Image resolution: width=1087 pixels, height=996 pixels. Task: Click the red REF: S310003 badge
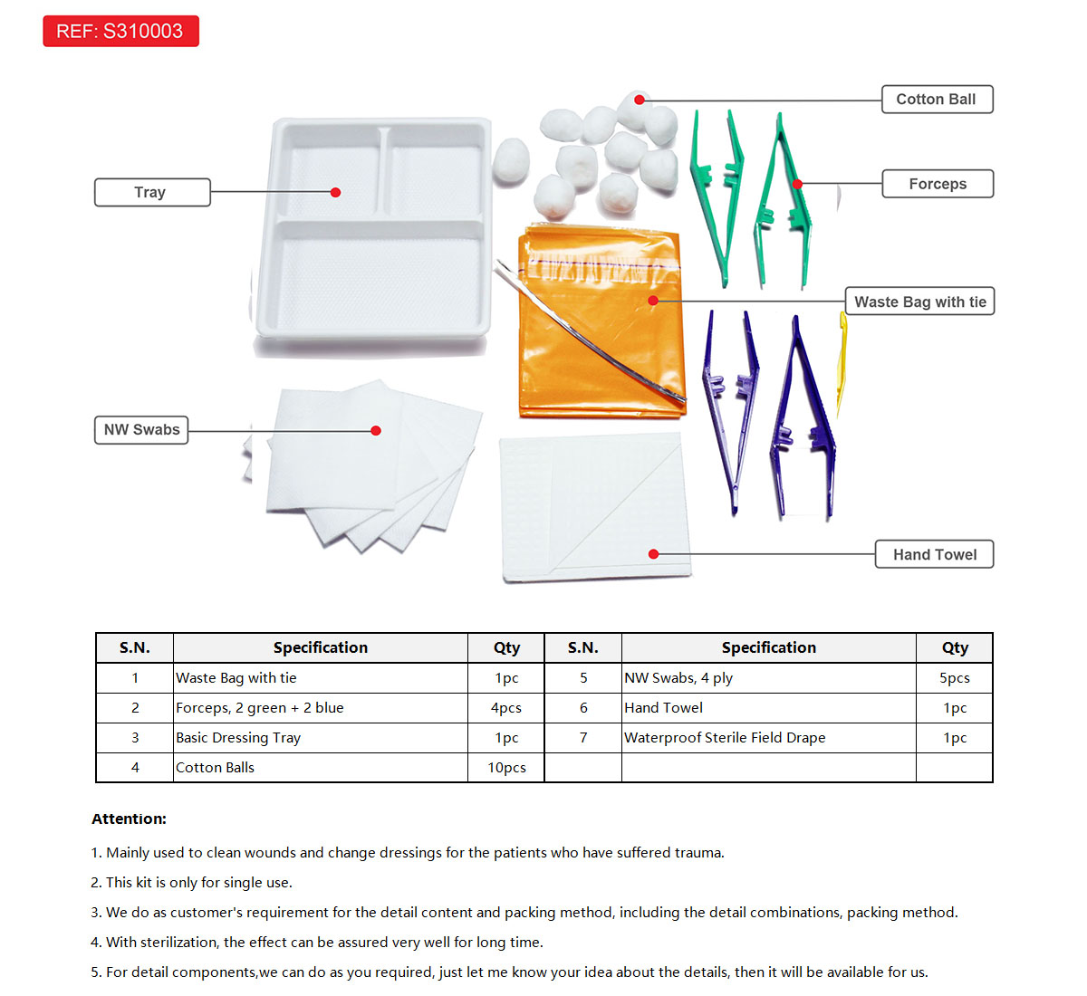(x=120, y=32)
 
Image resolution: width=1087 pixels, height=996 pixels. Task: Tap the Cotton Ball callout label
(x=937, y=100)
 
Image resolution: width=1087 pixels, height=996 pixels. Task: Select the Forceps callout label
(x=938, y=184)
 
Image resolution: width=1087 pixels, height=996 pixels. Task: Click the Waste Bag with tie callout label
(x=919, y=302)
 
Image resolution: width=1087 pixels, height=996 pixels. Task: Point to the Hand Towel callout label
(x=934, y=554)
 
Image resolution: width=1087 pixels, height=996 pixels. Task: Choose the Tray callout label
(x=151, y=192)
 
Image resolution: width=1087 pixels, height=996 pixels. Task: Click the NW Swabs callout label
(x=141, y=430)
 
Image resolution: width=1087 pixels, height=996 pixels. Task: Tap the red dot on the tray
(x=335, y=192)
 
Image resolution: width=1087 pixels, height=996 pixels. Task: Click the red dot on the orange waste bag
(x=653, y=301)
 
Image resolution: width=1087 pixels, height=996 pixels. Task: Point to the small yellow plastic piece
(x=842, y=362)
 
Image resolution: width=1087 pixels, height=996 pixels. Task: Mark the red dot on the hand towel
(x=653, y=554)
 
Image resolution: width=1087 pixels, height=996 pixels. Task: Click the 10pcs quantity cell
(x=506, y=768)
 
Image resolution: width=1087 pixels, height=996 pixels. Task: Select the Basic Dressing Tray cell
(x=238, y=738)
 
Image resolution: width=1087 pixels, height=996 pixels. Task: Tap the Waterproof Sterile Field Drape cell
(x=725, y=738)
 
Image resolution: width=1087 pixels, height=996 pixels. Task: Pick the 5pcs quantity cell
(x=954, y=678)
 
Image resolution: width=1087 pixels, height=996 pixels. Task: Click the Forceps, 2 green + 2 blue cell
(x=260, y=708)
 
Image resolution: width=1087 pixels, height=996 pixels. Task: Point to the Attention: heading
(x=129, y=819)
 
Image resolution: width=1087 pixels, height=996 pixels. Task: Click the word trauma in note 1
(x=699, y=853)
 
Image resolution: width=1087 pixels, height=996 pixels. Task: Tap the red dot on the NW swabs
(x=376, y=430)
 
